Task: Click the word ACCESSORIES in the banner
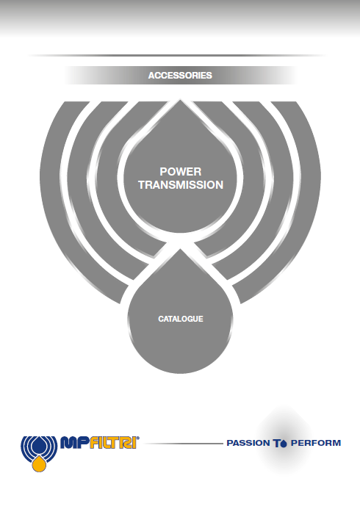[x=180, y=76]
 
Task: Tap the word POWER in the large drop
[x=181, y=171]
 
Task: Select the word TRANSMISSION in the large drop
[x=181, y=184]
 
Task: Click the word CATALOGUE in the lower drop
[x=181, y=319]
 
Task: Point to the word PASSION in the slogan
[x=248, y=443]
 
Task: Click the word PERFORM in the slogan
[x=316, y=443]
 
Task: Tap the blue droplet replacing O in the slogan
[x=284, y=443]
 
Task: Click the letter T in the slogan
[x=276, y=443]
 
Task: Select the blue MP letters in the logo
[x=75, y=442]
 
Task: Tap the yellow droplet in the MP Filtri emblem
[x=39, y=463]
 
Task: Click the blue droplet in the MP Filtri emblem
[x=39, y=445]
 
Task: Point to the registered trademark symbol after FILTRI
[x=138, y=438]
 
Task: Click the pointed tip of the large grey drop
[x=180, y=100]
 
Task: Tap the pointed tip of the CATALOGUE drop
[x=180, y=249]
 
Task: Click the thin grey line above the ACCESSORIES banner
[x=177, y=56]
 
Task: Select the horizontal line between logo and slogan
[x=184, y=443]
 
